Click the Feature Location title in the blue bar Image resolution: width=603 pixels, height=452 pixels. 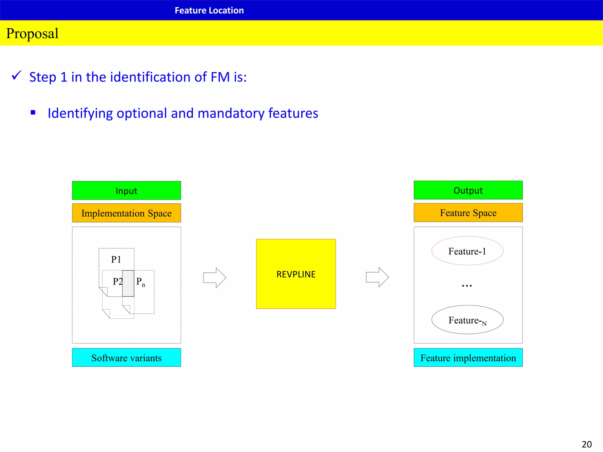tap(209, 11)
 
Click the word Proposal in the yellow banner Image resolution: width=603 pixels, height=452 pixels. tap(32, 33)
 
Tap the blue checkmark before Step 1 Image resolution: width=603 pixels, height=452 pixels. tap(16, 75)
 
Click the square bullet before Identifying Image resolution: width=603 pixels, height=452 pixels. tap(33, 112)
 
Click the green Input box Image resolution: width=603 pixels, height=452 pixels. tap(126, 191)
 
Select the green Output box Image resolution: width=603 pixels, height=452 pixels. tap(468, 190)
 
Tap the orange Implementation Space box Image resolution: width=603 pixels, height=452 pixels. tap(126, 213)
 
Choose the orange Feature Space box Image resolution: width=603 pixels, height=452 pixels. tap(468, 213)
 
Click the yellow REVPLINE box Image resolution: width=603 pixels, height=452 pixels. tap(296, 274)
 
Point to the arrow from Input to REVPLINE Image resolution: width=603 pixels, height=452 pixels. tap(215, 277)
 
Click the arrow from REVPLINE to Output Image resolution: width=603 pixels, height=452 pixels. tap(377, 277)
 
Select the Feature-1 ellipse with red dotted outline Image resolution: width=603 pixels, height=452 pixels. tap(467, 251)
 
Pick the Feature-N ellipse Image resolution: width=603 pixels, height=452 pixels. tap(467, 320)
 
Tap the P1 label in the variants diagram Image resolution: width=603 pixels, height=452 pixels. tap(116, 260)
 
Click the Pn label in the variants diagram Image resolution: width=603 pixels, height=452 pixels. tap(140, 282)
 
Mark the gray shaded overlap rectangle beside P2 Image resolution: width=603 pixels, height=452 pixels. tap(128, 283)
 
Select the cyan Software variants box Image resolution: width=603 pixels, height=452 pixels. tap(126, 358)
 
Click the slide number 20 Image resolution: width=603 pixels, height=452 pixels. tap(587, 444)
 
